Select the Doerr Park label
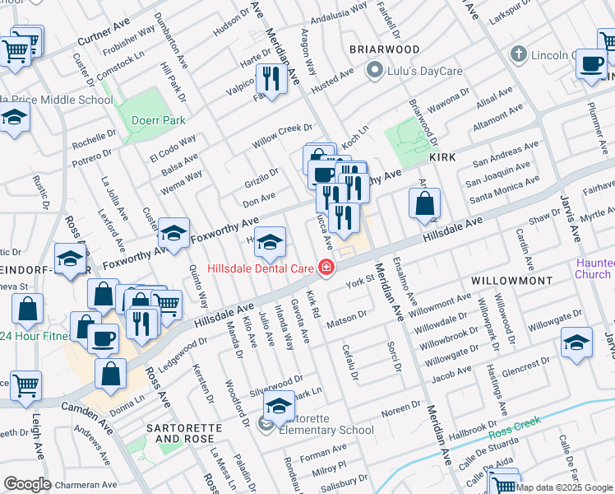tap(158, 119)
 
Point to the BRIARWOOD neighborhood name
tap(385, 49)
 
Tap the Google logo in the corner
tap(28, 484)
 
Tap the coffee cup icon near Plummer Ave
tap(591, 64)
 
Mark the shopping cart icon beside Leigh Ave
tap(25, 384)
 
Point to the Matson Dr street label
tap(346, 315)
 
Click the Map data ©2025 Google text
tap(565, 487)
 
